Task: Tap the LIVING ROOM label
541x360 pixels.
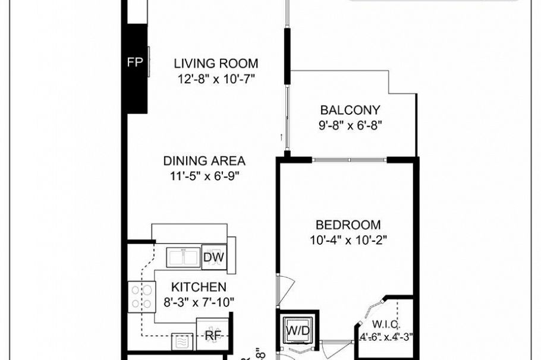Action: [216, 64]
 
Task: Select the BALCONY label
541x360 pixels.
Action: [350, 110]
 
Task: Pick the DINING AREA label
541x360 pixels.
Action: [204, 160]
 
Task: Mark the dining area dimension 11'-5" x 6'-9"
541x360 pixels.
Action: [204, 175]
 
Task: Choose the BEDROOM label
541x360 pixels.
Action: [348, 225]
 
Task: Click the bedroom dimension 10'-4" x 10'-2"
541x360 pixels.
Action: [348, 240]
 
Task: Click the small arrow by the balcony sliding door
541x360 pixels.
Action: [281, 137]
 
